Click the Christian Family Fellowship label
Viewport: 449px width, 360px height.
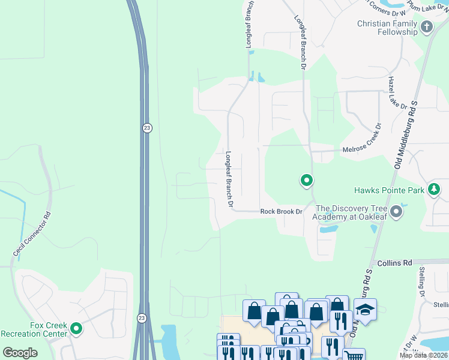click(x=387, y=28)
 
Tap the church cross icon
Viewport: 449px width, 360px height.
click(x=427, y=26)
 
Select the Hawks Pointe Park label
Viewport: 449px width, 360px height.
click(x=389, y=190)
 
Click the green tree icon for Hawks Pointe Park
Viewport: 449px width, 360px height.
click(x=434, y=190)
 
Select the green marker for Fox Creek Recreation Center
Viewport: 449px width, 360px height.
click(x=76, y=328)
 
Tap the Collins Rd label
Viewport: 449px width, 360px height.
click(x=395, y=263)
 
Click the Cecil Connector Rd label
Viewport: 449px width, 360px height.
click(x=31, y=235)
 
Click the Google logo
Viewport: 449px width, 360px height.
click(x=20, y=352)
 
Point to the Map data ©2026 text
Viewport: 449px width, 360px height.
click(x=423, y=355)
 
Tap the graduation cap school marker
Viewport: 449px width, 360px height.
click(x=365, y=309)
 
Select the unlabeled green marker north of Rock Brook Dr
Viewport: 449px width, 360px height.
click(x=306, y=180)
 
